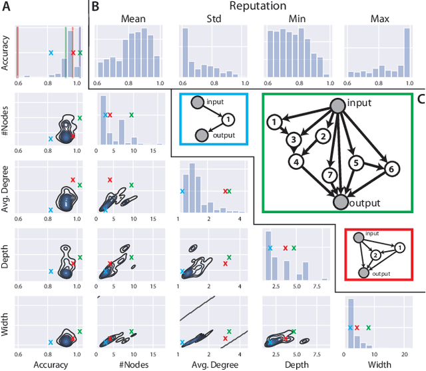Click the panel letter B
coord(95,8)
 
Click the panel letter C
coord(419,99)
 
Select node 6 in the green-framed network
coord(391,169)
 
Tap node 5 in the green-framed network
coord(356,162)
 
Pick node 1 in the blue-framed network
coord(228,119)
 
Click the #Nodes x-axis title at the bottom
coord(130,364)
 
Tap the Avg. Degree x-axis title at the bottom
coord(212,364)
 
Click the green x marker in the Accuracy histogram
coord(80,52)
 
